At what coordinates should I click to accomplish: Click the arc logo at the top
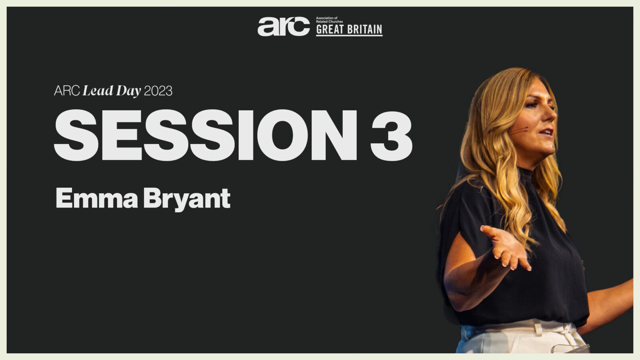click(284, 26)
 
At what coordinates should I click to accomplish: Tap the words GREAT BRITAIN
click(349, 30)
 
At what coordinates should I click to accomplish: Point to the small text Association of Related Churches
click(330, 20)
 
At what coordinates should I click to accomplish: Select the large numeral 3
click(392, 135)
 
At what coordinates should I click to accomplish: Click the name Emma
click(97, 198)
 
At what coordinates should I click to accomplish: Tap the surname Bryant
click(187, 200)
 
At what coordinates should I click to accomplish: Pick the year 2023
click(158, 91)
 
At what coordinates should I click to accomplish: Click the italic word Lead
click(98, 90)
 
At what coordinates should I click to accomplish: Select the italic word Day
click(128, 91)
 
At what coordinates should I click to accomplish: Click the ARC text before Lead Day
click(67, 91)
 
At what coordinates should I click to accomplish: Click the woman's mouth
click(547, 132)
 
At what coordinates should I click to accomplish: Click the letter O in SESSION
click(282, 135)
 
